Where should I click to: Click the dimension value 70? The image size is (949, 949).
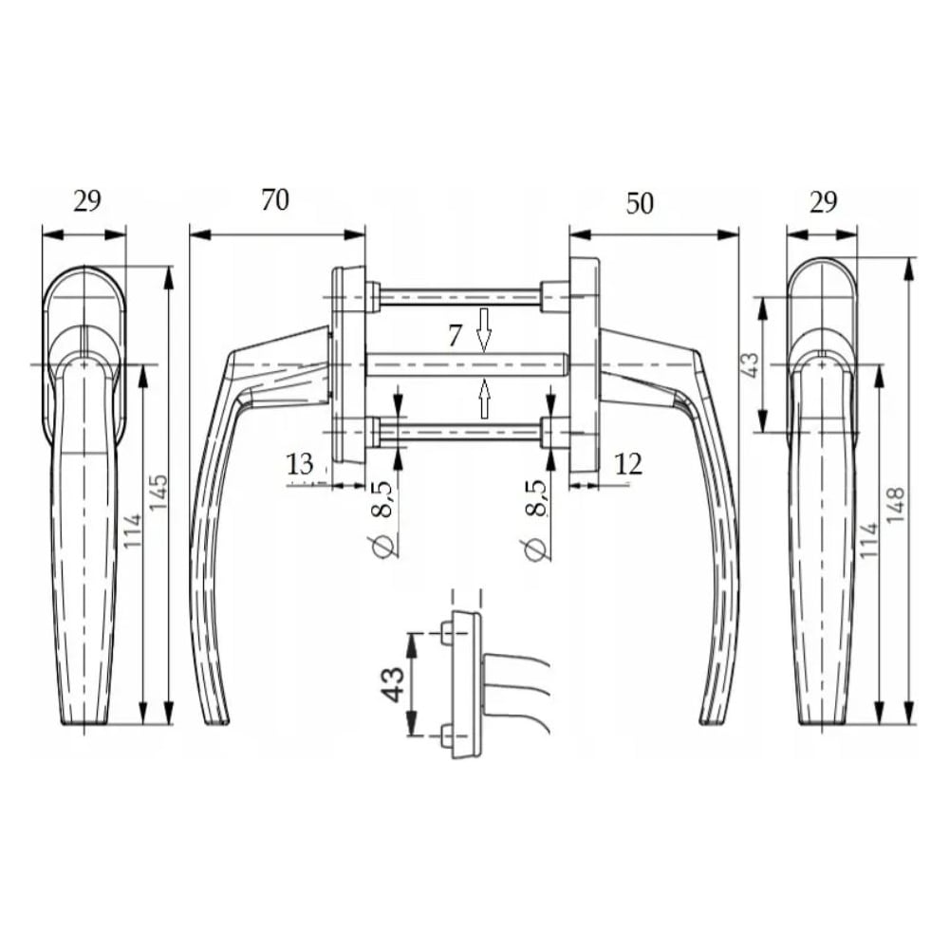[275, 199]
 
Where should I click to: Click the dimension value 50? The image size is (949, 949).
[639, 203]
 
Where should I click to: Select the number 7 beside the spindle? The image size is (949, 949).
[456, 336]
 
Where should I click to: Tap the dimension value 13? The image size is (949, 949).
[300, 464]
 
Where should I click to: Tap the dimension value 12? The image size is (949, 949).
[628, 464]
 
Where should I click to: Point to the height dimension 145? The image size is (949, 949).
[158, 492]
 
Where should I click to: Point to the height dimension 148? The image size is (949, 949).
[895, 505]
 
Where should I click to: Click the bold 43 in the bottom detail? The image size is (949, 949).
[393, 684]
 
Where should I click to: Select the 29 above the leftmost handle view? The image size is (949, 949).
[87, 201]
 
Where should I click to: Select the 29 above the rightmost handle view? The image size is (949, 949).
[823, 201]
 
